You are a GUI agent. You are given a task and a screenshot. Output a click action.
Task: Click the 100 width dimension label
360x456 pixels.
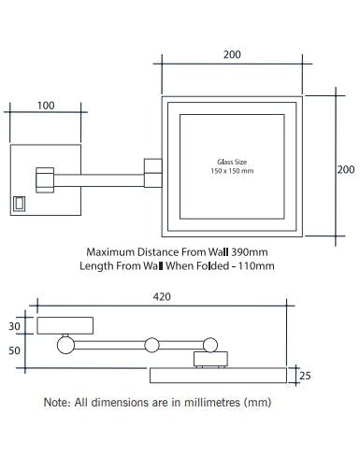46,106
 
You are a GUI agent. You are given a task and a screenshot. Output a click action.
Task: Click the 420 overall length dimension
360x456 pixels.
162,296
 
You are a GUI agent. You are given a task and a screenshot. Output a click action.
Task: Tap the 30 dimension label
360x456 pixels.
14,326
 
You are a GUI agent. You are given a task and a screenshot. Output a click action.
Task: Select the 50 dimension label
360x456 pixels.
14,350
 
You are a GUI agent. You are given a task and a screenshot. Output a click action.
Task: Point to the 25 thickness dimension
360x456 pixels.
305,376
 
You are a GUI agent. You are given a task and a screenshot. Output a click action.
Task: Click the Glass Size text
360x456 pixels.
232,162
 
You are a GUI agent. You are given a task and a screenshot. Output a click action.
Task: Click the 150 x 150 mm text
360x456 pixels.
232,171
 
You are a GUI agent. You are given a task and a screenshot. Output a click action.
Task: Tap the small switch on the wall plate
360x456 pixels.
19,204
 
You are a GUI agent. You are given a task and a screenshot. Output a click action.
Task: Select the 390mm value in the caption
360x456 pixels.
250,252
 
